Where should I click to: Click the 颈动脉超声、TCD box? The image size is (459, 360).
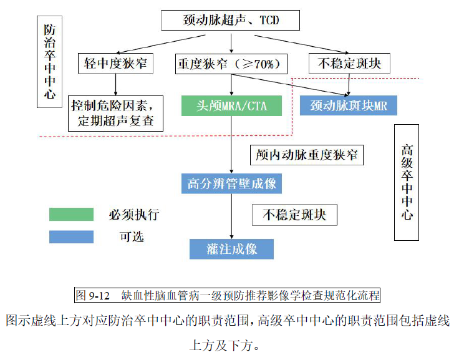click(x=230, y=21)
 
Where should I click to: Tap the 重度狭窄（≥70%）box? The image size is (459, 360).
click(x=232, y=64)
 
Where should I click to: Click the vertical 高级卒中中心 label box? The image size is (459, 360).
click(x=407, y=182)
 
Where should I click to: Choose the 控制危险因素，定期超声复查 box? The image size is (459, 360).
click(x=115, y=112)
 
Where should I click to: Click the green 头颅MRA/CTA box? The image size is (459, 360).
click(x=232, y=105)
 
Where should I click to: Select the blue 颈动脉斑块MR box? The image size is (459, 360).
click(x=348, y=105)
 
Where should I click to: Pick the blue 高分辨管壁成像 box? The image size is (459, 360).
click(x=231, y=184)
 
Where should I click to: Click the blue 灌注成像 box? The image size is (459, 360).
click(x=231, y=249)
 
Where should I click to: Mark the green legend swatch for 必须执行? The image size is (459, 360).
click(x=71, y=215)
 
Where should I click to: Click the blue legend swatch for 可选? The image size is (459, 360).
click(x=71, y=236)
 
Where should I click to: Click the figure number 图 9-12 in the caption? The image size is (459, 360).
click(x=92, y=294)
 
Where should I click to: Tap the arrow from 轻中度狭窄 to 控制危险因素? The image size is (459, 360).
click(x=115, y=84)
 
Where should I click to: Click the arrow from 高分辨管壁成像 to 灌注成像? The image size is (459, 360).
click(x=231, y=215)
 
